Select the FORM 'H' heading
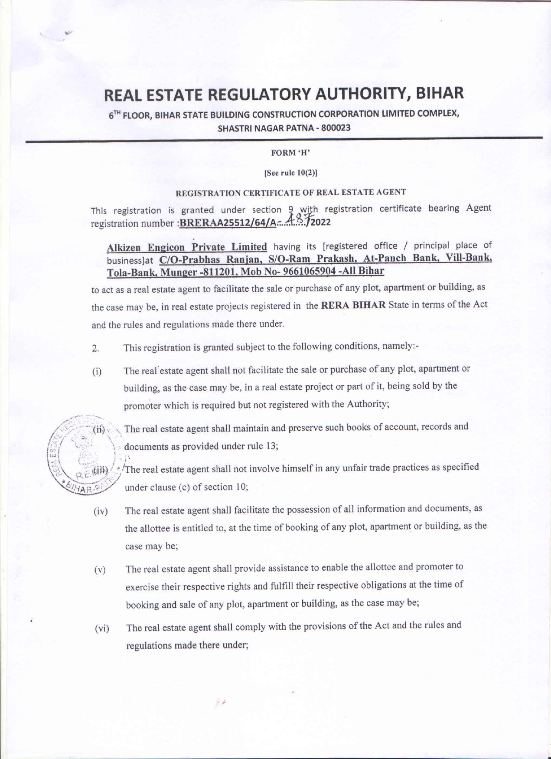click(290, 153)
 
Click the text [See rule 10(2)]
click(290, 173)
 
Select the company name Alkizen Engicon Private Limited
click(187, 247)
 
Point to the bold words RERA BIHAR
click(353, 304)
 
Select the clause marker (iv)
click(101, 512)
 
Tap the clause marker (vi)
click(102, 628)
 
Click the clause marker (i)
click(96, 372)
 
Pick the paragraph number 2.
click(95, 348)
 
